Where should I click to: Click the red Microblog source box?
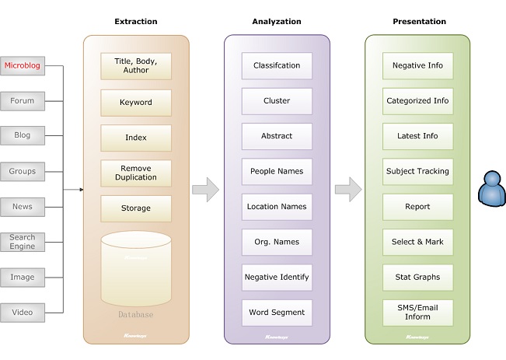[22, 66]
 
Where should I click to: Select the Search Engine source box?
[22, 241]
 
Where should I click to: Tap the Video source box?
[22, 313]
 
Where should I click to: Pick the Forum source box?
[22, 100]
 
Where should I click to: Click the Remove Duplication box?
[136, 173]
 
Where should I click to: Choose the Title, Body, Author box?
[136, 66]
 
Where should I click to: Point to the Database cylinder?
[136, 268]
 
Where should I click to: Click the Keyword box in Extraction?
[136, 102]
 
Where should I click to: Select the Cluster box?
[277, 101]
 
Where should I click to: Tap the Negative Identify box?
[277, 277]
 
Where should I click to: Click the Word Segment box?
[277, 313]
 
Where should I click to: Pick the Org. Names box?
[277, 242]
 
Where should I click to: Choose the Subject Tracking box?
[417, 171]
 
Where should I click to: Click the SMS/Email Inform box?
[417, 313]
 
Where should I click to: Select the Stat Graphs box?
[417, 277]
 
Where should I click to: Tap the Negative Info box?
[417, 66]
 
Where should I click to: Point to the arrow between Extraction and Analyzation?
[206, 189]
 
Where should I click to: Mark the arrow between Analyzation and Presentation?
[347, 189]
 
